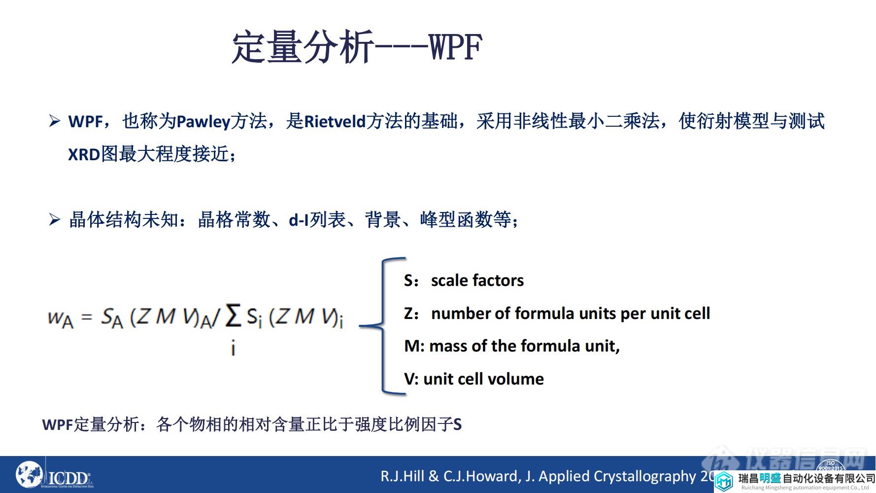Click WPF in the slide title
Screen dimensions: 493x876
(x=455, y=48)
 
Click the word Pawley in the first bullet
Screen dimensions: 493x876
(x=203, y=122)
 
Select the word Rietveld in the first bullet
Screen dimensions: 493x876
(x=335, y=122)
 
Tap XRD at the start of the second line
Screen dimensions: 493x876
(x=84, y=155)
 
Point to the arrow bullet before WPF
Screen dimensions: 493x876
(x=54, y=121)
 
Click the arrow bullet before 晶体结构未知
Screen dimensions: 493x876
(x=54, y=219)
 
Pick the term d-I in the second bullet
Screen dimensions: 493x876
(x=299, y=220)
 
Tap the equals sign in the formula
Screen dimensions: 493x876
(x=87, y=317)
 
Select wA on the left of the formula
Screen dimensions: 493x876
(x=60, y=318)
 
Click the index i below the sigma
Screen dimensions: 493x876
(x=233, y=349)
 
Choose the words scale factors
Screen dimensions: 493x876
(x=477, y=281)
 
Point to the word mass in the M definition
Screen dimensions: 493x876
(x=448, y=346)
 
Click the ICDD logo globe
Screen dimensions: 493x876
(x=30, y=475)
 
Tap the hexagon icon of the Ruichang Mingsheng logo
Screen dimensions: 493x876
(x=724, y=481)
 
